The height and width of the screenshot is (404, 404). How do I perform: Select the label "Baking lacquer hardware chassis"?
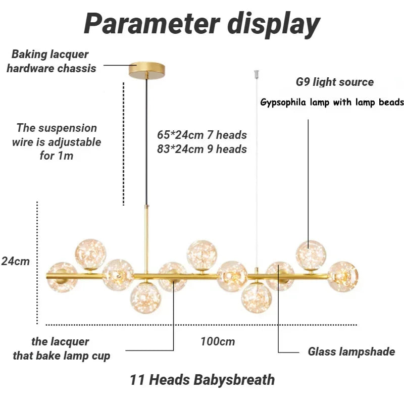tap(50, 61)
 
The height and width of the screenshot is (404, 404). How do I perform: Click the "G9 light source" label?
tap(335, 82)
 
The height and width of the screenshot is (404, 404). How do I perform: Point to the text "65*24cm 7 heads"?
tap(201, 135)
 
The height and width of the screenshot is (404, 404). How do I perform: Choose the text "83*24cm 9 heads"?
tap(201, 149)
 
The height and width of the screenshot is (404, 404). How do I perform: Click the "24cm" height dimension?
tap(15, 261)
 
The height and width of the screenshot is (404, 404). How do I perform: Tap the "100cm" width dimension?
tap(218, 341)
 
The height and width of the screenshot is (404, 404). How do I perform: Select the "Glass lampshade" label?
tap(351, 351)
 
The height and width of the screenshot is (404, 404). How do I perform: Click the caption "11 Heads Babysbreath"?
tap(202, 379)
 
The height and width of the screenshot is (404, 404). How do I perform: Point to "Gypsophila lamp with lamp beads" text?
tap(332, 103)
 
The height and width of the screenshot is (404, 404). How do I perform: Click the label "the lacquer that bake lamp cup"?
tap(61, 349)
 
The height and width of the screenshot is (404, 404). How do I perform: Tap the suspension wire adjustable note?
tap(57, 142)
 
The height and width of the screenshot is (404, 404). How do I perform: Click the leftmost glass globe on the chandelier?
tap(61, 277)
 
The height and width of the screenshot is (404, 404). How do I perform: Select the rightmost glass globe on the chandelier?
tap(342, 276)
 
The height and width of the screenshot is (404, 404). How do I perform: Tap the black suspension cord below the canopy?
tap(147, 141)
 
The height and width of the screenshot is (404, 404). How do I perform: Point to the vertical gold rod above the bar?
tap(147, 240)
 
